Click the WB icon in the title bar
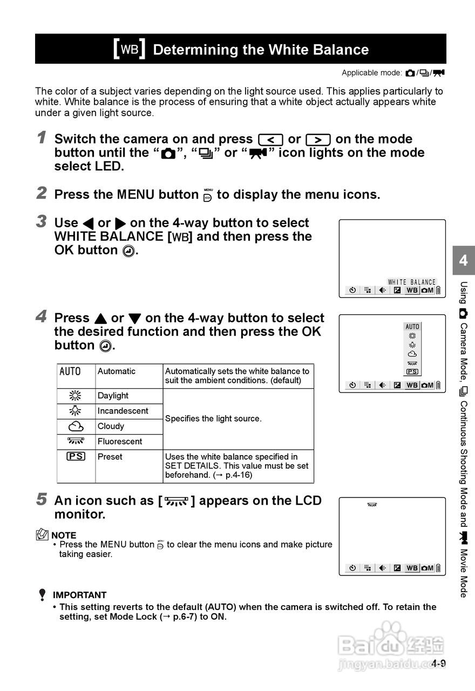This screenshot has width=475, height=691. click(130, 50)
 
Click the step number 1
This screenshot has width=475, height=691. click(42, 138)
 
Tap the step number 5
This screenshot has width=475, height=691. click(42, 499)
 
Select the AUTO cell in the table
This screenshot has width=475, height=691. click(70, 371)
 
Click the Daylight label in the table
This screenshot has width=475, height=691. click(113, 396)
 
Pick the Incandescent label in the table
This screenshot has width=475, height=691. click(123, 411)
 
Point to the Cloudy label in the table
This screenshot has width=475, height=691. click(111, 426)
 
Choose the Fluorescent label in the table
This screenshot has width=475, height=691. click(120, 441)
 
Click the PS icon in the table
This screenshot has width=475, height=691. click(76, 457)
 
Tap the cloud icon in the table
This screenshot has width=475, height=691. click(76, 426)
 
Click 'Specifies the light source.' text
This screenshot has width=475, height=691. click(213, 418)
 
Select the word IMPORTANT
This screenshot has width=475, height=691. click(79, 595)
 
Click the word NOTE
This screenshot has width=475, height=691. click(64, 536)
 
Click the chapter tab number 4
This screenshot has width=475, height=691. click(463, 261)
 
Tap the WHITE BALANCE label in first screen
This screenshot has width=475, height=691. click(411, 282)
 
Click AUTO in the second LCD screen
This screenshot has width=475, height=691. click(412, 327)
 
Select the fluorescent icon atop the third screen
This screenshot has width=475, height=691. click(372, 505)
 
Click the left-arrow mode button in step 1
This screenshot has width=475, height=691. click(270, 139)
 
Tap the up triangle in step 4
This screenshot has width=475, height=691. click(100, 319)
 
